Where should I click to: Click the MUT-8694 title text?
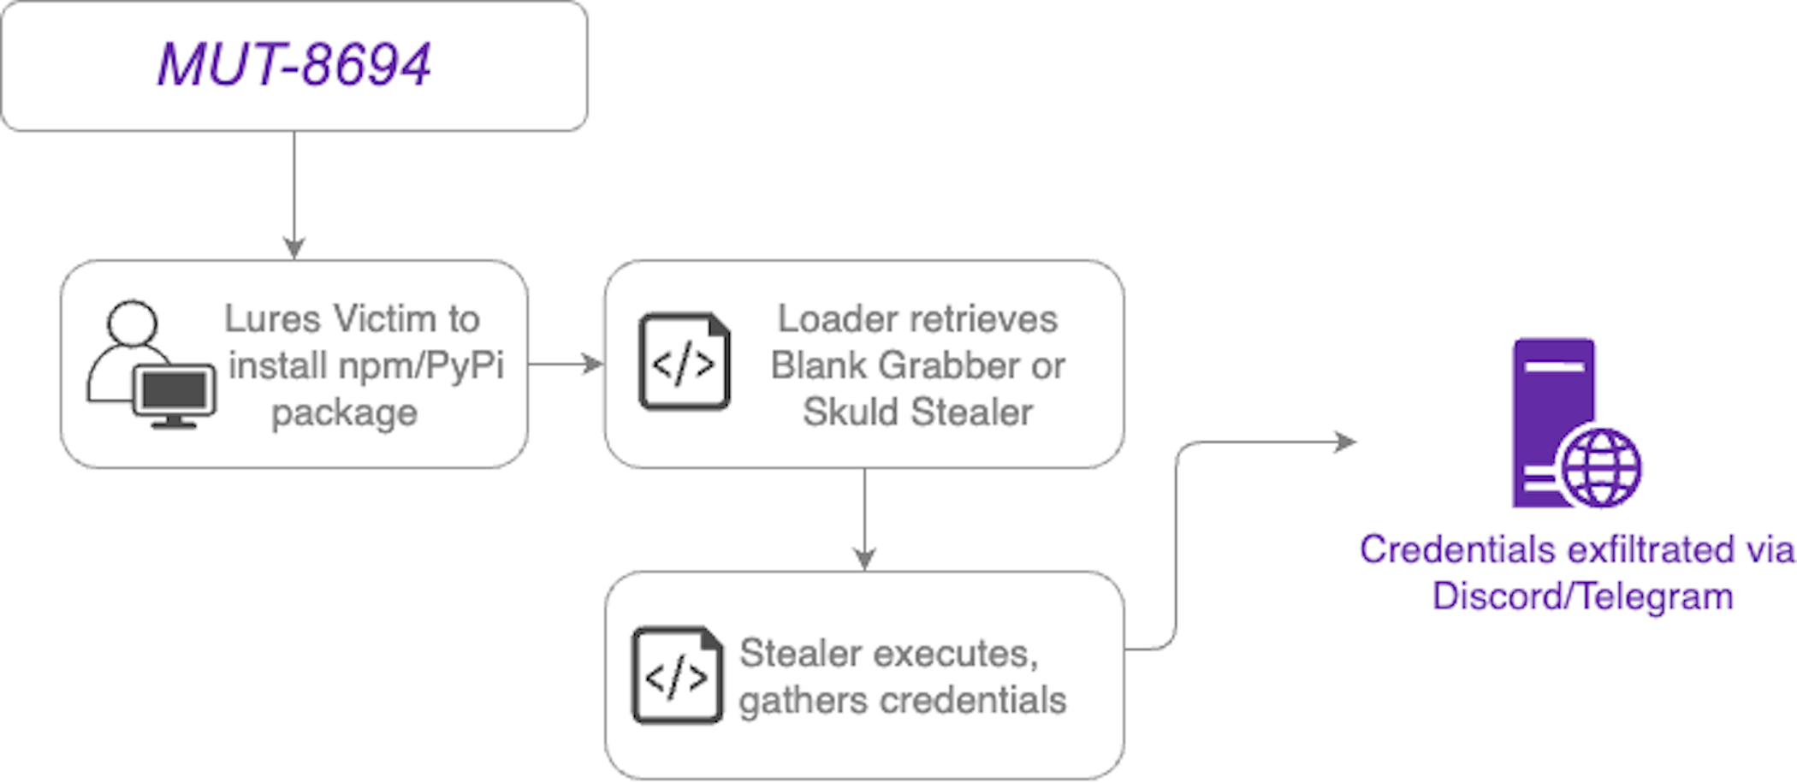(x=294, y=65)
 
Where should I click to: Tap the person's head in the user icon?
(x=132, y=323)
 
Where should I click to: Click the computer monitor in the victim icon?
(x=175, y=394)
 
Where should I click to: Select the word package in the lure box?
(x=344, y=413)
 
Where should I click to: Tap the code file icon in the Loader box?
(x=684, y=362)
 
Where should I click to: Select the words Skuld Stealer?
(x=917, y=412)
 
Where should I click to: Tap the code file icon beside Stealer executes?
(x=677, y=675)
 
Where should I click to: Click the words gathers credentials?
(x=902, y=701)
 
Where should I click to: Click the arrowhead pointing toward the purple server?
(x=1347, y=442)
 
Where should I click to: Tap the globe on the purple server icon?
(x=1601, y=468)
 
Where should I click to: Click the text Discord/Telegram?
(x=1582, y=596)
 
